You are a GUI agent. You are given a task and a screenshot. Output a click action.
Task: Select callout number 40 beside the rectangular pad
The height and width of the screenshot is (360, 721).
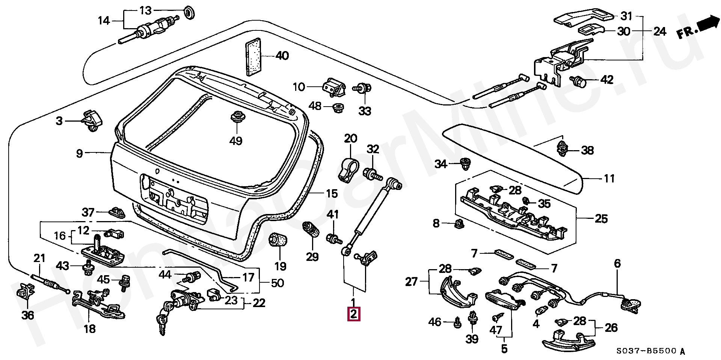[x=282, y=56]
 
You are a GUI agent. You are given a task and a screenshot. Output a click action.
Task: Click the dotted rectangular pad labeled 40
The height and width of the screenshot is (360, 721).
[x=253, y=56]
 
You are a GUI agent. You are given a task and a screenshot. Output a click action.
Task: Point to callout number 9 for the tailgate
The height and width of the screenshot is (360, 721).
[x=79, y=153]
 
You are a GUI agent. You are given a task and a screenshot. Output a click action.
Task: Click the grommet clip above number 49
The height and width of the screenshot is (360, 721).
[x=237, y=117]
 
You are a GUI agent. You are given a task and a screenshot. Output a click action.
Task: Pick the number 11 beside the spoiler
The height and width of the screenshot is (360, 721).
[x=609, y=178]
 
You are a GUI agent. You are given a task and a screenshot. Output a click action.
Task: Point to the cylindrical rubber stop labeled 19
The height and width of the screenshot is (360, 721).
[x=279, y=240]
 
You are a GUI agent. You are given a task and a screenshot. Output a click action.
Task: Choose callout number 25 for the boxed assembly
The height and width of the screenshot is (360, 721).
[x=601, y=218]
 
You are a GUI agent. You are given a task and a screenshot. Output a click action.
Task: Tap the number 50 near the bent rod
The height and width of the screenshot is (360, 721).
[x=278, y=283]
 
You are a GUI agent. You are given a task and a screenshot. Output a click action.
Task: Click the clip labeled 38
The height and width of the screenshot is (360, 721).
[x=561, y=149]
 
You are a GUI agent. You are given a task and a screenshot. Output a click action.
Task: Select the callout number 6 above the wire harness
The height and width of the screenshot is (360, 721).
[x=617, y=264]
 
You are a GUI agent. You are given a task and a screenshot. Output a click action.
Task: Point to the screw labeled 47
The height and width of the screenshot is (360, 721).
[x=495, y=318]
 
